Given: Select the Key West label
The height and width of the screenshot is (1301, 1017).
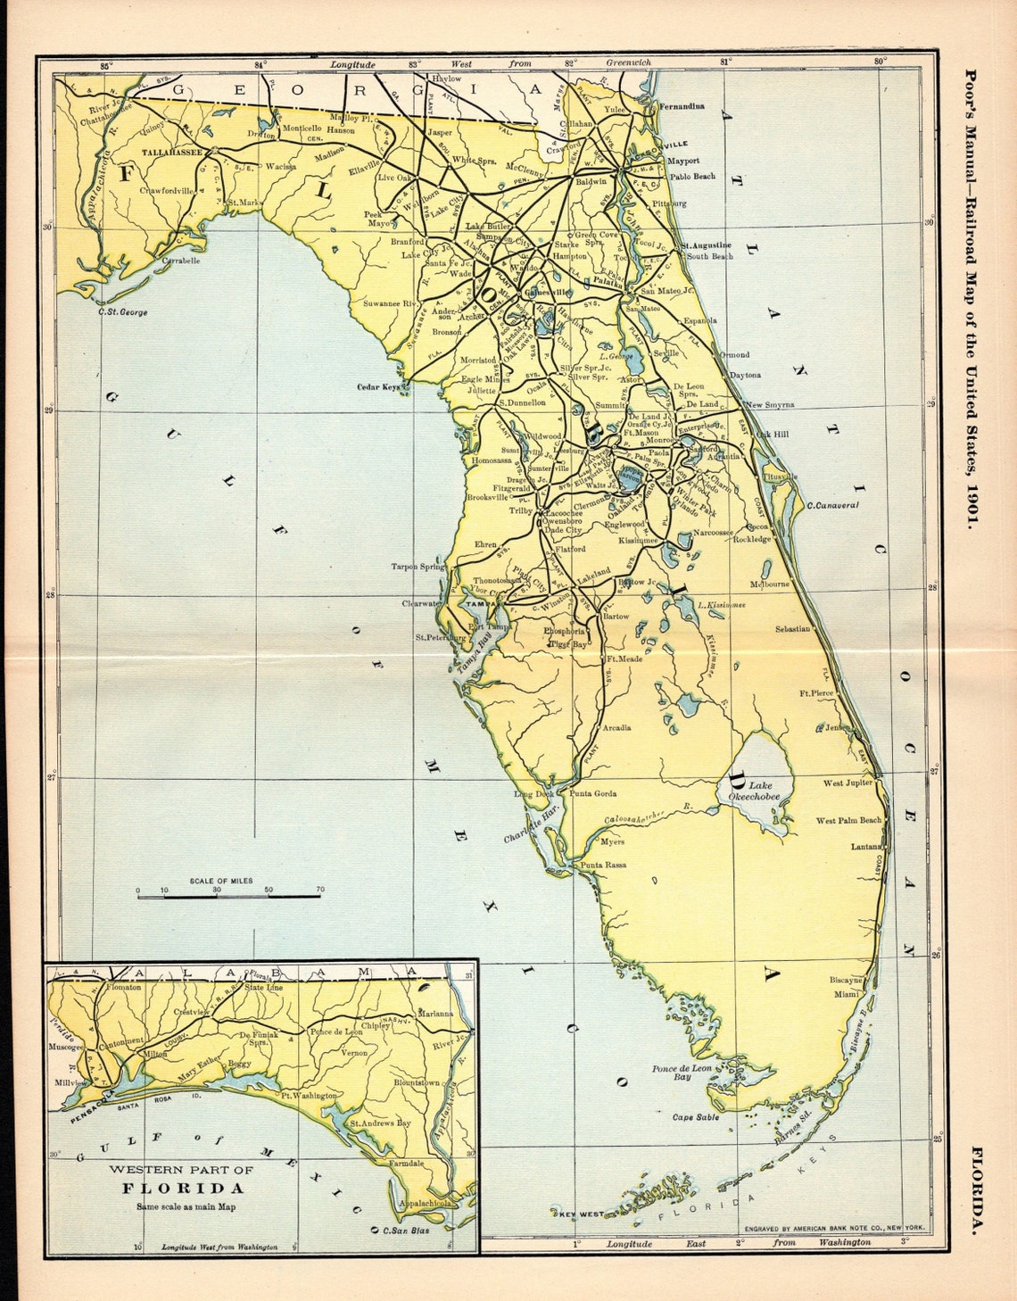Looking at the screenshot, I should pos(579,1214).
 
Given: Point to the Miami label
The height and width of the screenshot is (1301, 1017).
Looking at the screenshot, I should pos(847,994).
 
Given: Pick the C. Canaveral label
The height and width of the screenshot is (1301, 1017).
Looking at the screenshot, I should pos(831,505).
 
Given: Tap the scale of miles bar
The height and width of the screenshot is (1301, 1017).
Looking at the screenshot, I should pos(228,896).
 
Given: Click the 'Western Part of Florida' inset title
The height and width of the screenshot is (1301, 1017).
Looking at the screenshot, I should pos(181,1178).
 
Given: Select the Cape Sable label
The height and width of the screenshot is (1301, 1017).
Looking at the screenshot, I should pos(696,1116).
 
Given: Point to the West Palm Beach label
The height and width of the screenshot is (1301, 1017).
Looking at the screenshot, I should pos(848,820).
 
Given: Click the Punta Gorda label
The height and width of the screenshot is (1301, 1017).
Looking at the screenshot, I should pos(592,793).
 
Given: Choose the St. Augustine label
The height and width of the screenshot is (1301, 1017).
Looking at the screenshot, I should pos(707,244).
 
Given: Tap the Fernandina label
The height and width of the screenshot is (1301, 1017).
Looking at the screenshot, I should pos(682,106).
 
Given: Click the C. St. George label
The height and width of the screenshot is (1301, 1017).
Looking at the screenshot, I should pos(123,312).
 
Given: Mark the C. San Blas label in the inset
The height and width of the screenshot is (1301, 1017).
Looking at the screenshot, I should pos(406,1231).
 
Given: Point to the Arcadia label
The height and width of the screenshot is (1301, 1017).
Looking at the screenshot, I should pos(616,727).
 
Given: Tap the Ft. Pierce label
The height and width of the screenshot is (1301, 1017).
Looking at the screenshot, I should pos(816,692).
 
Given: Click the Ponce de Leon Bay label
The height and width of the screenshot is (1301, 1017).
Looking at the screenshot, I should pos(682,1073).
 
